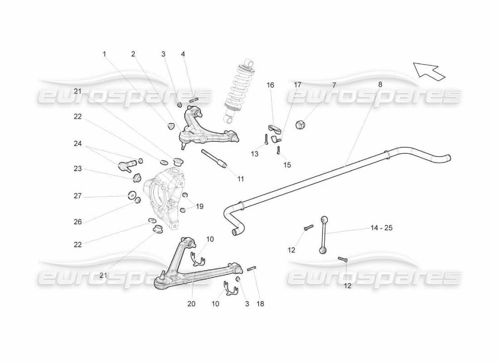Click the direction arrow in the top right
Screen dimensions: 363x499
click(429, 70)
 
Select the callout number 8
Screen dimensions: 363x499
click(380, 84)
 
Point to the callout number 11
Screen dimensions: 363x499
click(240, 179)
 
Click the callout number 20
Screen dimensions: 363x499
click(191, 304)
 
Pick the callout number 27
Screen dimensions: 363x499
click(78, 196)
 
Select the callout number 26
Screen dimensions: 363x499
click(78, 222)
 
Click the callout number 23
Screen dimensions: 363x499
click(78, 168)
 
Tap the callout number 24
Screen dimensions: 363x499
click(78, 144)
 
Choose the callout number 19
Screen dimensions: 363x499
click(200, 206)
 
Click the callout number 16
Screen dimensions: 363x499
click(270, 85)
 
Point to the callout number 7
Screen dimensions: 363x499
click(334, 85)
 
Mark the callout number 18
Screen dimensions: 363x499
click(260, 304)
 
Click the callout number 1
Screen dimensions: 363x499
click(104, 54)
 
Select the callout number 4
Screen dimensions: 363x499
click(183, 54)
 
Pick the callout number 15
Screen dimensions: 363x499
click(287, 165)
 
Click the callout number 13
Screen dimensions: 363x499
click(255, 154)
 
